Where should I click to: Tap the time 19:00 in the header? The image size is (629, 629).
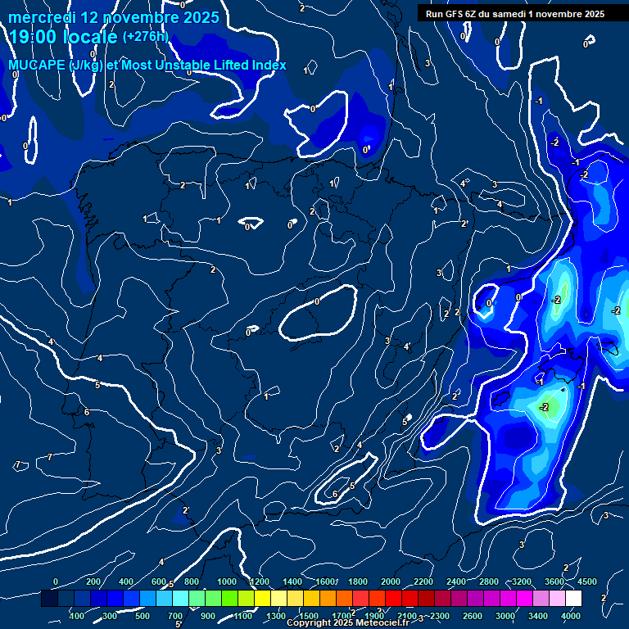(36, 37)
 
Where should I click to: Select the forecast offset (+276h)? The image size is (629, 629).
(145, 37)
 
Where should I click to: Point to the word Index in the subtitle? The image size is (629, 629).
(268, 65)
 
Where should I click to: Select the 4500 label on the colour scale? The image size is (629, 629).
(587, 581)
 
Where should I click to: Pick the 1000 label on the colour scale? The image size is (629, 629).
(227, 581)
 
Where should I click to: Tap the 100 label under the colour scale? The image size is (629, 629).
(77, 616)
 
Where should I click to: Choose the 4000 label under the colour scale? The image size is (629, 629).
(571, 616)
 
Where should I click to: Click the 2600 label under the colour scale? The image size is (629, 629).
(473, 616)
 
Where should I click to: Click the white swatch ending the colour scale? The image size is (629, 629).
(574, 599)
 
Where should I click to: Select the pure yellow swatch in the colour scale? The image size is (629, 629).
(263, 599)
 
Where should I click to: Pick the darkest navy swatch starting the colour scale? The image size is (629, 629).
(49, 599)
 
